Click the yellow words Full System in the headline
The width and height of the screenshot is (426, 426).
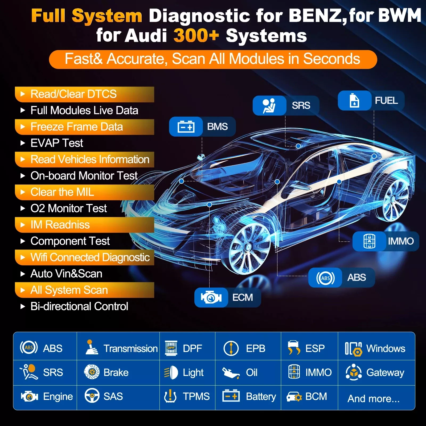coord(87,16)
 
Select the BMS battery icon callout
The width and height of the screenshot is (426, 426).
coord(186,127)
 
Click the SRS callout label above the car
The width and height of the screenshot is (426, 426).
coord(301,105)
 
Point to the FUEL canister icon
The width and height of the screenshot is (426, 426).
coord(354,101)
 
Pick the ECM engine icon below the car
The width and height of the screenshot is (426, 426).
coord(211,297)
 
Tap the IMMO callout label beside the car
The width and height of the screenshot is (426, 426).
coord(401,241)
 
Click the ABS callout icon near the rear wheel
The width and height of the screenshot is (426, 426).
coord(325,278)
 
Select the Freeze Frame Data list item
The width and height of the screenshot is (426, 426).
coord(77,127)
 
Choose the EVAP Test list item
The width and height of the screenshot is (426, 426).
coord(57,143)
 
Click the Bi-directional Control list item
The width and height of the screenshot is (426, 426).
coord(79,306)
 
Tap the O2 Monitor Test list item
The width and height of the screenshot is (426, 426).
coord(69,208)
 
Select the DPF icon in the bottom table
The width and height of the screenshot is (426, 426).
coord(171,348)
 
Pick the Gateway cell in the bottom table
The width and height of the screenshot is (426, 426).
coord(376,372)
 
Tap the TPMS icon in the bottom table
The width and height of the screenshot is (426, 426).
coord(170,396)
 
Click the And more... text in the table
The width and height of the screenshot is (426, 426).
coord(374,399)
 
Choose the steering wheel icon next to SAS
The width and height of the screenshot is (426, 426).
coord(92,396)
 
